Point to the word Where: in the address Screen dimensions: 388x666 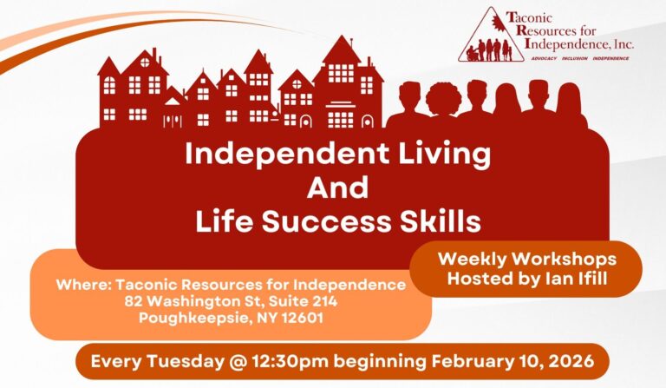[82, 285]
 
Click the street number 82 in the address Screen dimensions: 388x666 [133, 300]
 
